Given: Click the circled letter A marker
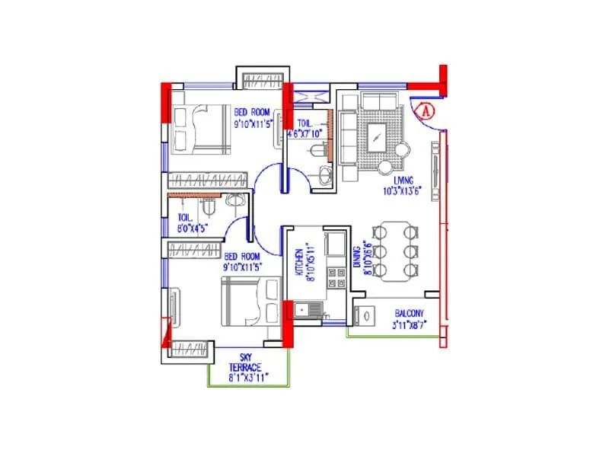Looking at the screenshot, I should [426, 110].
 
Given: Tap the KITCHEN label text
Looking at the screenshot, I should [300, 264].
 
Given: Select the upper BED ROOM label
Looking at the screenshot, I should [252, 111].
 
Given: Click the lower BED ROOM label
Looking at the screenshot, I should [241, 257].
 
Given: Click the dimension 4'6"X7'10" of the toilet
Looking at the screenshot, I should [305, 134].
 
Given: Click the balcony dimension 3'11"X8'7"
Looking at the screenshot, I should [410, 324].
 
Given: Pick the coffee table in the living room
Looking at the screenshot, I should [378, 138].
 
